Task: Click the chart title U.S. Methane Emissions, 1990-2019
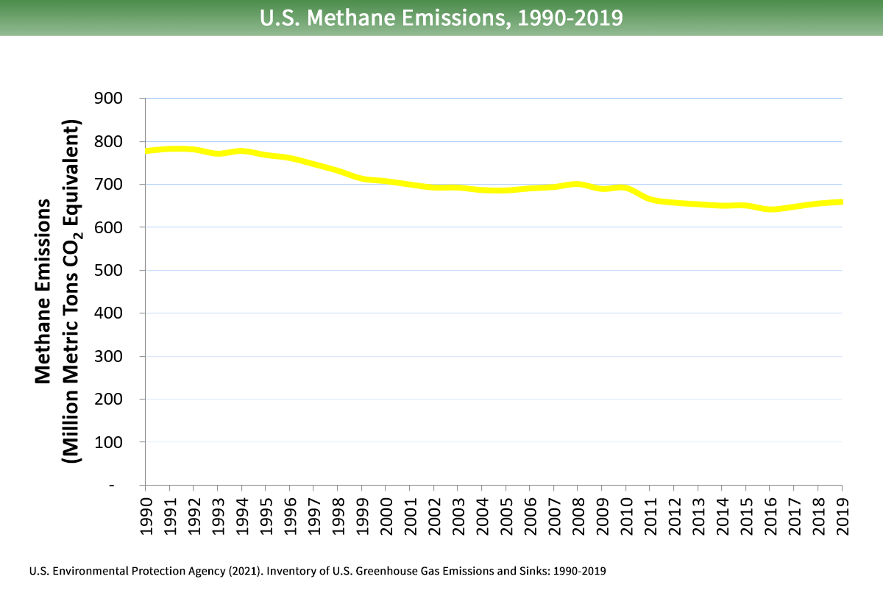point(441,18)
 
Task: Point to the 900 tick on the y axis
point(109,99)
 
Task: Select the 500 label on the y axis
point(109,271)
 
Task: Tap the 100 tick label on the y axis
point(109,442)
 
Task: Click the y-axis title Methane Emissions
point(43,291)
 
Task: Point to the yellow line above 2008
point(578,185)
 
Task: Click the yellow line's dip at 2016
point(770,209)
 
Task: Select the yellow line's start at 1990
point(147,151)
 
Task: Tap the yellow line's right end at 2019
point(841,202)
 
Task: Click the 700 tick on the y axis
point(109,185)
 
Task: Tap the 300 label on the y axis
point(109,356)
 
